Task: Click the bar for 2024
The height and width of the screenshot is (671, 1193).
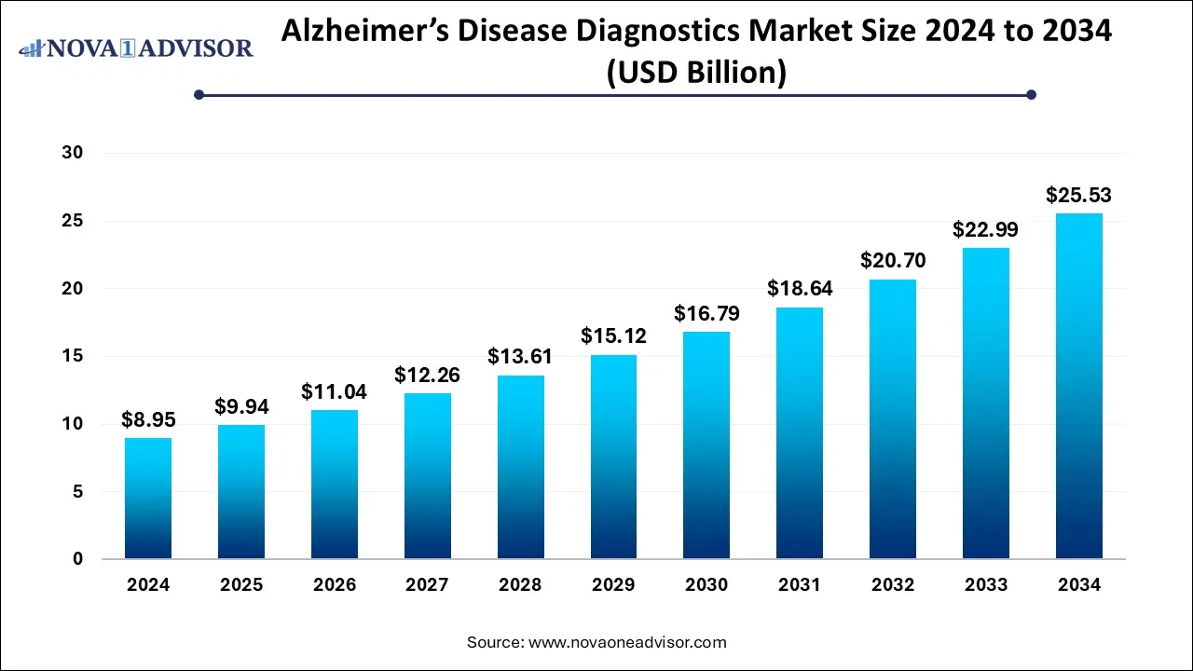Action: tap(148, 499)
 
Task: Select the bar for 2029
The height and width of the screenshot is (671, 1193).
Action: tap(613, 457)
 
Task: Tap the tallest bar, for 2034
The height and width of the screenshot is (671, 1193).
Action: tap(1079, 386)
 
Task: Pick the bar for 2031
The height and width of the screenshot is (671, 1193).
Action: tap(800, 433)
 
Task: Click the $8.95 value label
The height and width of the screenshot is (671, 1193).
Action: tap(148, 420)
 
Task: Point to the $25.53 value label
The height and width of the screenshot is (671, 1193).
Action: tap(1079, 196)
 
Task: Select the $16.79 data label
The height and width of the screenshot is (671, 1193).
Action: tap(706, 314)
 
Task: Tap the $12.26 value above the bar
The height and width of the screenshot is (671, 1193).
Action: tap(427, 375)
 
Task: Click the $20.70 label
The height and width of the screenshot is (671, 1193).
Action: tap(893, 262)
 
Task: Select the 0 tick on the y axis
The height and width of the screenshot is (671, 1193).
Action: tap(76, 559)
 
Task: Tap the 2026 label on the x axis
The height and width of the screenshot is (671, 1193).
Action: tap(334, 585)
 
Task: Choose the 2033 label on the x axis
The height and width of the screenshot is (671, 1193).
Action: tap(986, 585)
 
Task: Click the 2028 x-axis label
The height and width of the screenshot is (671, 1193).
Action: tap(520, 585)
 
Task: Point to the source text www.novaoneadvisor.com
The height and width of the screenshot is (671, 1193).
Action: tap(627, 642)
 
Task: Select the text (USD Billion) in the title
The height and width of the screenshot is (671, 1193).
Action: tap(696, 72)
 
